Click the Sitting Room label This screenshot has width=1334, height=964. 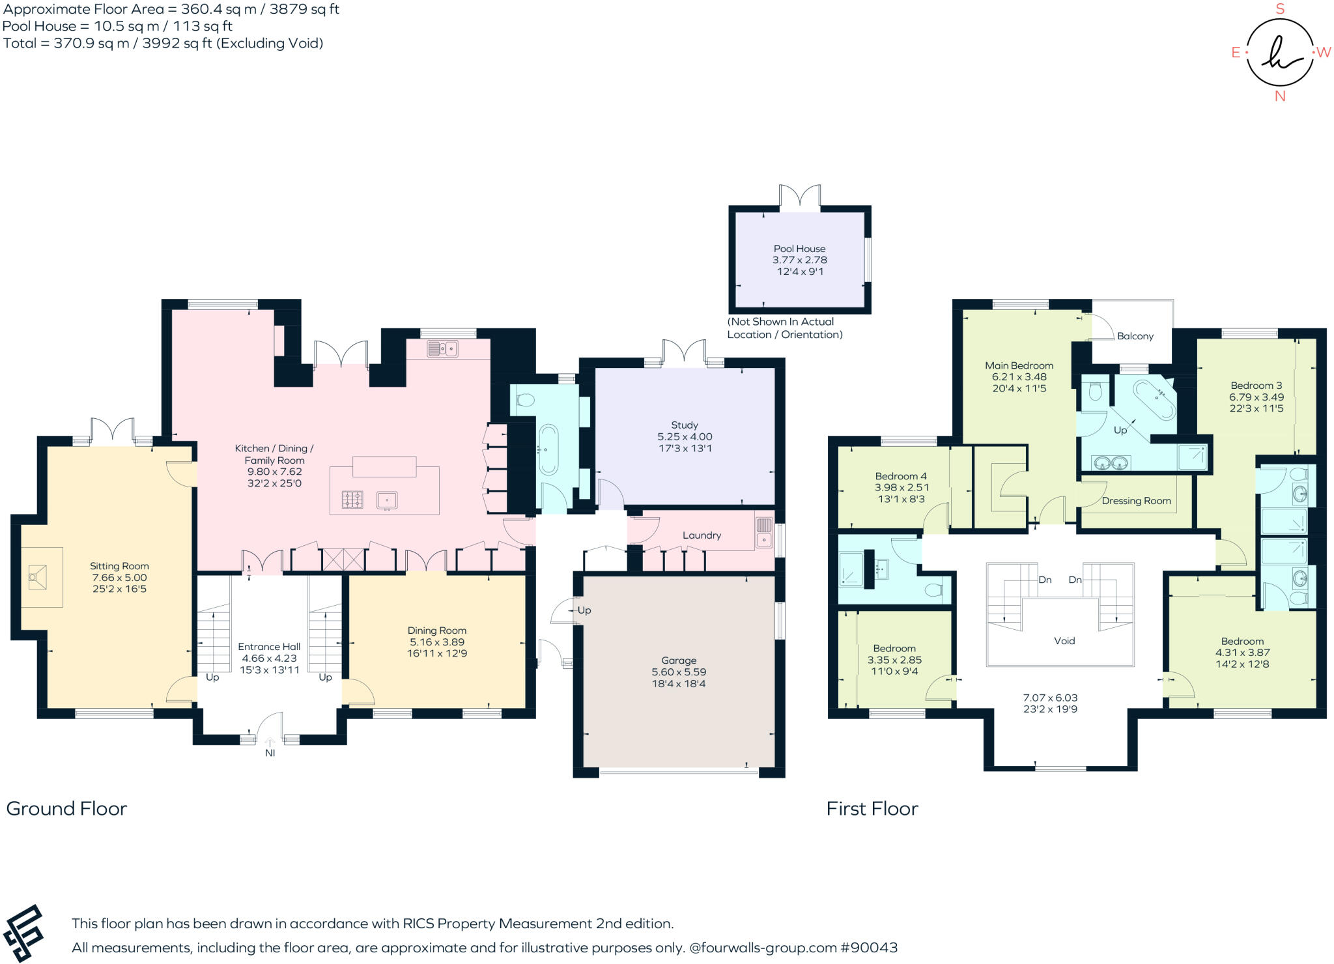(x=119, y=566)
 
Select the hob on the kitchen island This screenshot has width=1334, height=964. (x=352, y=500)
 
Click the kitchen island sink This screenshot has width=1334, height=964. (x=387, y=500)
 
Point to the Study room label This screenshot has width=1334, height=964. (x=685, y=425)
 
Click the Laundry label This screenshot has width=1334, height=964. (x=702, y=535)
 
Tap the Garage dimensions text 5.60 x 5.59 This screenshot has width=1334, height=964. (x=679, y=672)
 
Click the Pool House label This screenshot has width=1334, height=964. (x=799, y=249)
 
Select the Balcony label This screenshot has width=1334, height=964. (x=1135, y=336)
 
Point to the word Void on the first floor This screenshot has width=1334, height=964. (x=1064, y=641)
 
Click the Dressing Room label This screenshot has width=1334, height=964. (x=1136, y=501)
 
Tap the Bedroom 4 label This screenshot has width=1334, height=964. (x=901, y=476)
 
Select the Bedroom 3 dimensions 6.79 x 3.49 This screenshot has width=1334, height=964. (x=1256, y=397)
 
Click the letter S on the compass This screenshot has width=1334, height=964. (x=1280, y=9)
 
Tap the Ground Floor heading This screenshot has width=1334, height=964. (x=66, y=808)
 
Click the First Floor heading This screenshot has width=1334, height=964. (x=872, y=808)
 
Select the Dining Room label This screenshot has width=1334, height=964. (x=436, y=631)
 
